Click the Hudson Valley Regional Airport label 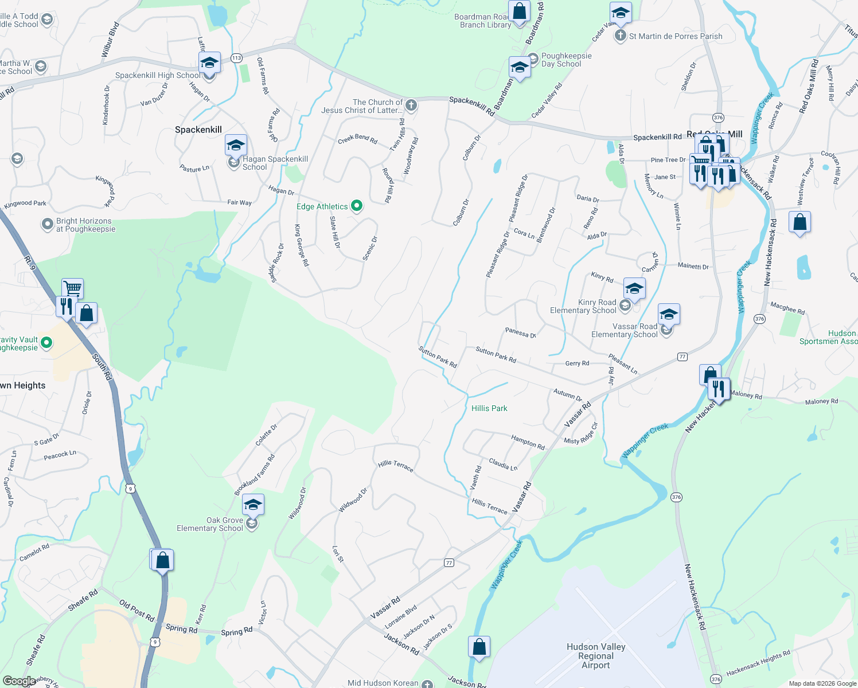tap(596, 656)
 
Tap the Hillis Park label tap(489, 408)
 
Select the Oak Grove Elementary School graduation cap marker tap(253, 505)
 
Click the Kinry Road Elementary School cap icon tap(634, 288)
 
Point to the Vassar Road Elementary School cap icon tap(669, 315)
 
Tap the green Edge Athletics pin tap(357, 205)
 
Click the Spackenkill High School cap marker tap(209, 62)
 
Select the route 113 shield tap(236, 58)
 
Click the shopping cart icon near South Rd tap(72, 287)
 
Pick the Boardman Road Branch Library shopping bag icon tap(519, 11)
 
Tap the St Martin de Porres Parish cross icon tap(620, 36)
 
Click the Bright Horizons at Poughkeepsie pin tap(48, 224)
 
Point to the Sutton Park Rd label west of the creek tap(437, 357)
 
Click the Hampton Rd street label tap(528, 441)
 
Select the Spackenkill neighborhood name tap(198, 130)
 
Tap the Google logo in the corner tap(19, 681)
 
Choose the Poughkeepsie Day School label tap(566, 60)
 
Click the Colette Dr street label tap(266, 435)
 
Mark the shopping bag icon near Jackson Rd tap(479, 646)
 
